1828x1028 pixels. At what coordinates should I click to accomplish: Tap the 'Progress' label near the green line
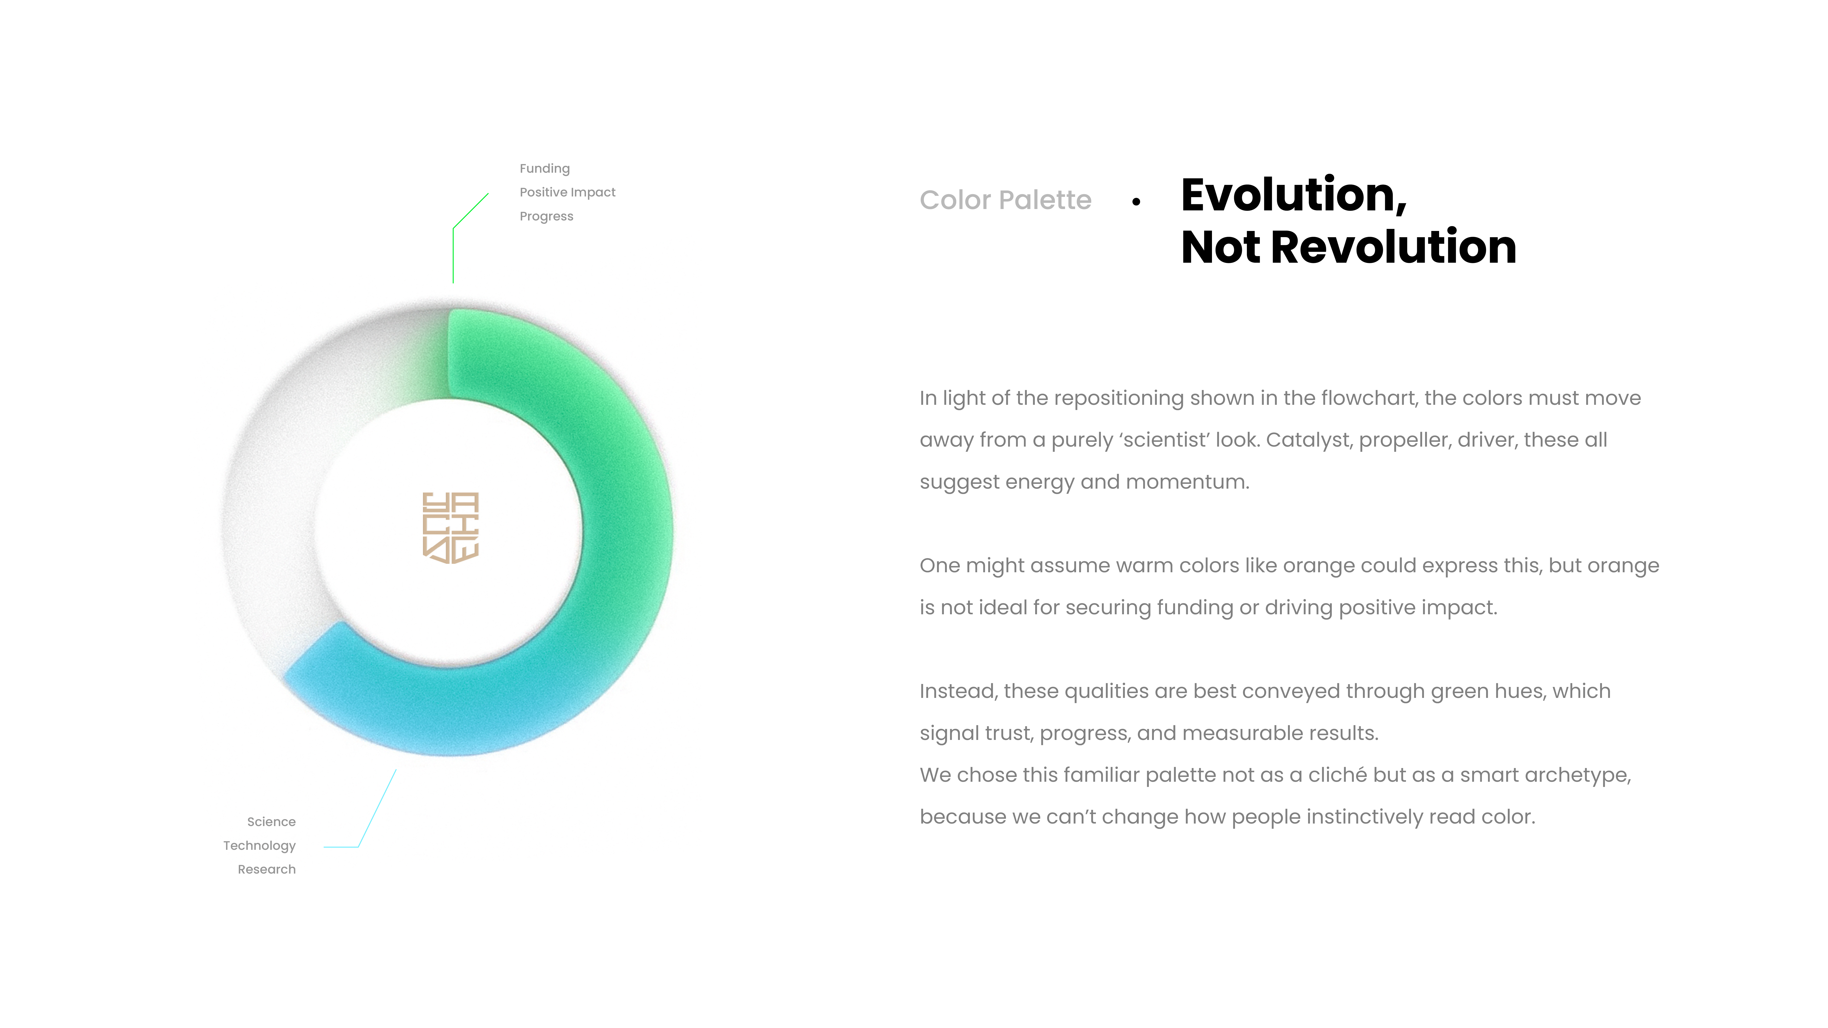click(546, 216)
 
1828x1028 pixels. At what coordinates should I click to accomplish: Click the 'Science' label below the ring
click(271, 821)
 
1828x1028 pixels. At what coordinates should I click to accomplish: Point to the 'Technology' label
click(259, 846)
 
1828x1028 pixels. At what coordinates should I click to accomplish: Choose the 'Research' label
click(267, 869)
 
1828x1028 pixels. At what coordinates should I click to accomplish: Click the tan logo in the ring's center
click(451, 528)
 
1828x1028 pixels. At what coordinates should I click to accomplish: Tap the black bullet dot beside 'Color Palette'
click(1136, 202)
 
